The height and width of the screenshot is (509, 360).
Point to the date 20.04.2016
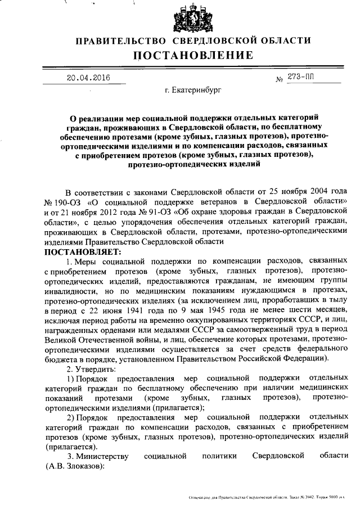[x=88, y=78]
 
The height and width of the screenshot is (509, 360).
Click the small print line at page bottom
[x=270, y=498]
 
